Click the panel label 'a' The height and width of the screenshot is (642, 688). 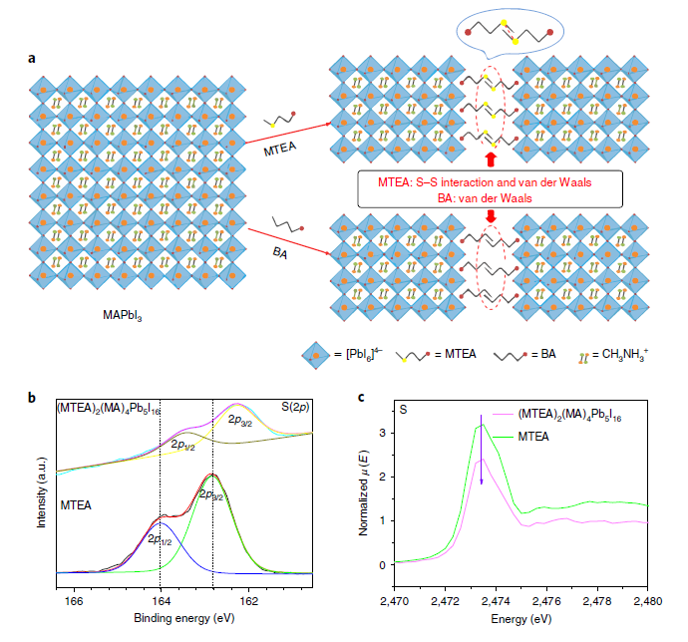click(x=32, y=57)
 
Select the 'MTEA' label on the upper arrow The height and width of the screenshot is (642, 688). click(x=282, y=152)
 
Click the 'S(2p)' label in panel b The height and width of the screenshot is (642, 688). click(x=294, y=408)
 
